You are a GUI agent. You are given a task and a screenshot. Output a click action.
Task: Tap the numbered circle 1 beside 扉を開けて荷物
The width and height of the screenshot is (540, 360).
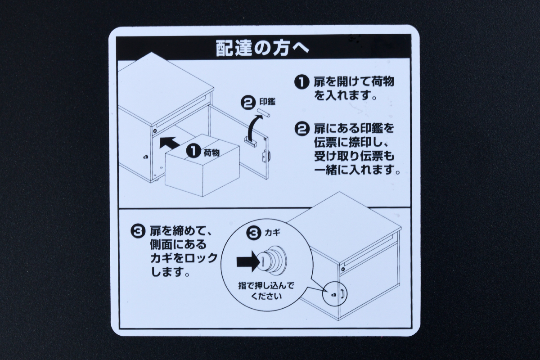(x=301, y=82)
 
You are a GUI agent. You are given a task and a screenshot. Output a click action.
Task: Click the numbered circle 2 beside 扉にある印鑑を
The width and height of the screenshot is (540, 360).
(x=301, y=129)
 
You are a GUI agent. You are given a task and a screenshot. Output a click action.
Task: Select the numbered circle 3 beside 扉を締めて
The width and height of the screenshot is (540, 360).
(x=137, y=232)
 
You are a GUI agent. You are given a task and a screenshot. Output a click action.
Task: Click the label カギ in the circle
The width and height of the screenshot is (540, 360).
(x=272, y=233)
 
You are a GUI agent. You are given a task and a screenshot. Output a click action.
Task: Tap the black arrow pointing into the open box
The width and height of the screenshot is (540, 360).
(x=168, y=143)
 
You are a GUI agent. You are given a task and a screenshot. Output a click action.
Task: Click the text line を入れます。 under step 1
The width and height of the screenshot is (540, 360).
(x=345, y=95)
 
